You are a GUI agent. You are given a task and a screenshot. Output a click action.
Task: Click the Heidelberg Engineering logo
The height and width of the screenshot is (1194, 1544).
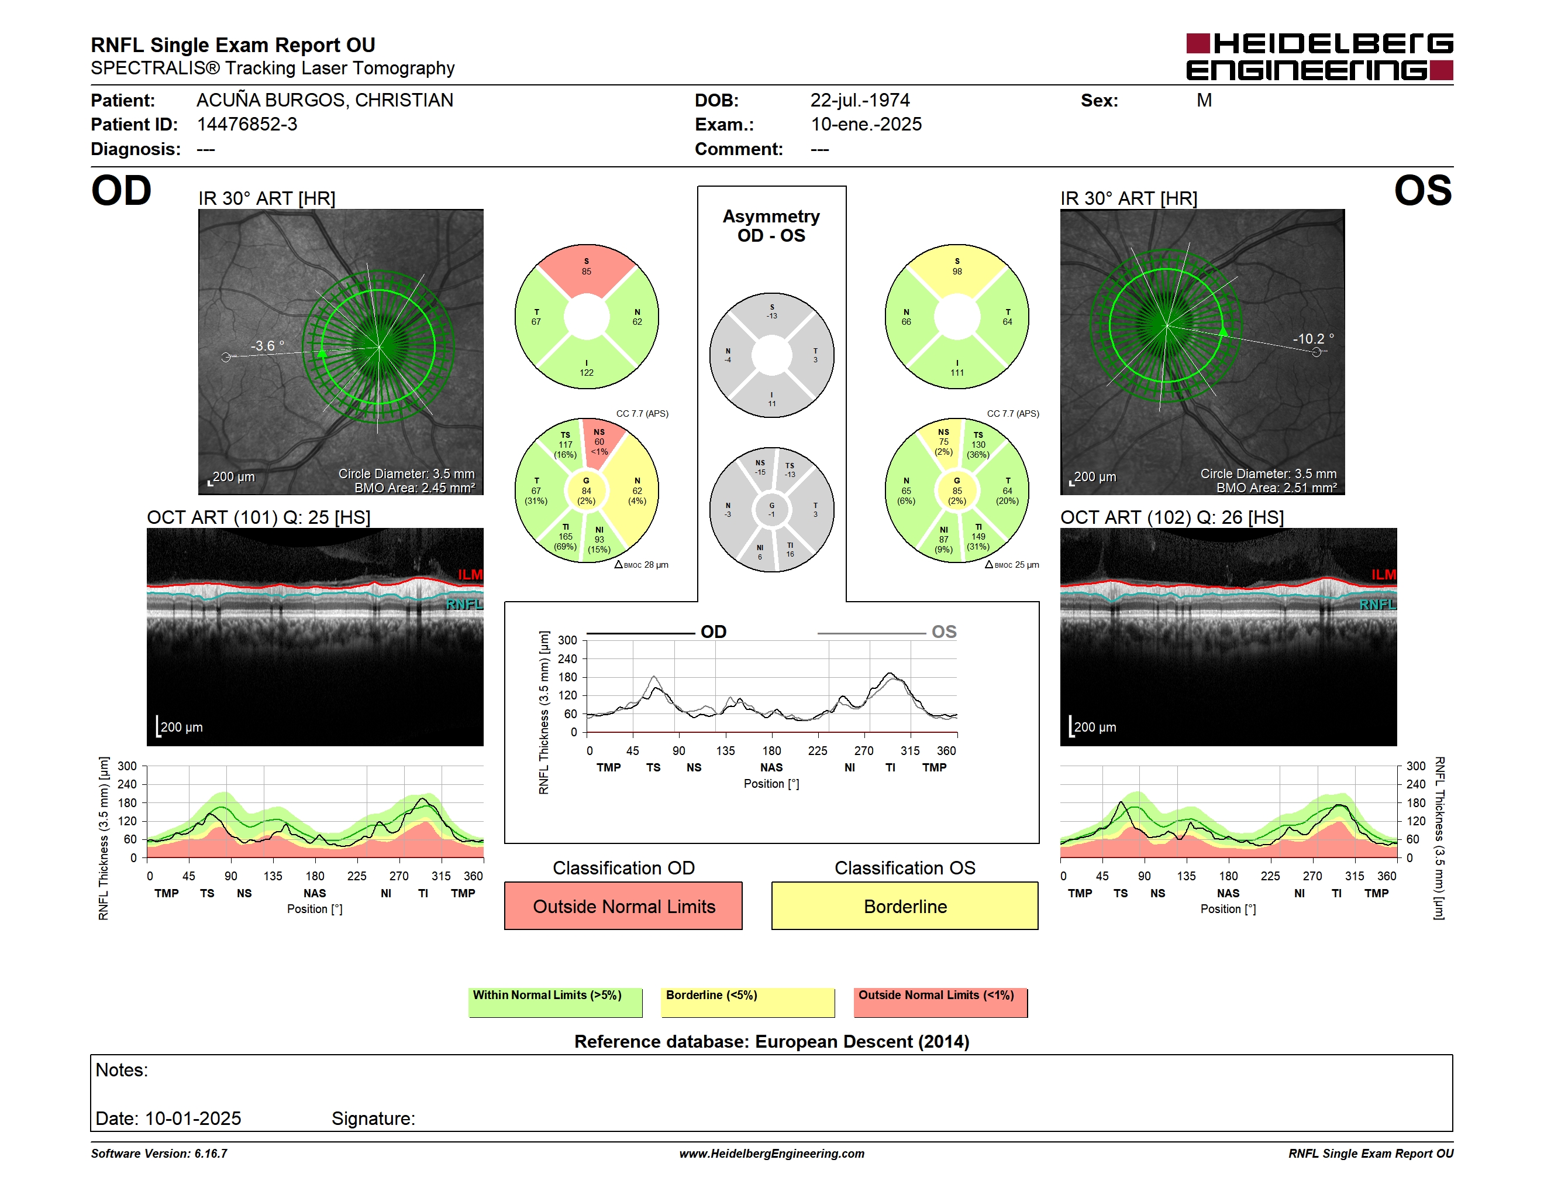click(x=1319, y=57)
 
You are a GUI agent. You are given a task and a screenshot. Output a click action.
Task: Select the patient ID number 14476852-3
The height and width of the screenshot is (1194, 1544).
click(x=247, y=125)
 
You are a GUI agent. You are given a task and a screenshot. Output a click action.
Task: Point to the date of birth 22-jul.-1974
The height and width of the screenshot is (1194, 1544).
click(x=860, y=101)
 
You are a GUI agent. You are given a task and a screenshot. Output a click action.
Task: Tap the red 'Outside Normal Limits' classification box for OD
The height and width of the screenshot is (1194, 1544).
click(x=623, y=905)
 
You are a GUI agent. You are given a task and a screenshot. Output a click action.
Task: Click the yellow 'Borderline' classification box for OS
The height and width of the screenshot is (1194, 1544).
click(x=905, y=905)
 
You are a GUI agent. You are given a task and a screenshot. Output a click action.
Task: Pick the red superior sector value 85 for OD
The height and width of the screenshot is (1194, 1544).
click(x=587, y=272)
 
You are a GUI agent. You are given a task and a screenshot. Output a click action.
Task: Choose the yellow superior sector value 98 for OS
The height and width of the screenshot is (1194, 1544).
click(x=957, y=272)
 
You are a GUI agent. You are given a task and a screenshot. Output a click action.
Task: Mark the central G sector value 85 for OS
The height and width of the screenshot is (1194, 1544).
click(x=957, y=491)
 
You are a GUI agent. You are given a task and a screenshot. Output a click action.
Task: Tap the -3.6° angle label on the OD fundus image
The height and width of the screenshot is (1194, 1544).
click(x=267, y=346)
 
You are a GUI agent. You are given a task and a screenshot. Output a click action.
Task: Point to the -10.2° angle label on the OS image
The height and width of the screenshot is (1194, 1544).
click(x=1314, y=339)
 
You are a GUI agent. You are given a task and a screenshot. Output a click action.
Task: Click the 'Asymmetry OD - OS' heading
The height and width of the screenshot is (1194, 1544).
click(x=771, y=226)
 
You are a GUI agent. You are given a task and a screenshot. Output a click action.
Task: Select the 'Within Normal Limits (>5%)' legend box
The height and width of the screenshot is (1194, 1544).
click(x=555, y=1002)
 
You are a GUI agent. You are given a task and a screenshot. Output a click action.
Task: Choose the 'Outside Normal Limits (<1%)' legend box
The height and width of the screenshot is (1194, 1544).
click(x=940, y=1002)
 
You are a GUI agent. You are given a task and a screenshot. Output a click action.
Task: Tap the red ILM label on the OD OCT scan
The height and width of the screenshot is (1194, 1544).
click(x=470, y=574)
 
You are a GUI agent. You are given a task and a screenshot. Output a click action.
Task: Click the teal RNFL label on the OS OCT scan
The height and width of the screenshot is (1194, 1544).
click(x=1378, y=604)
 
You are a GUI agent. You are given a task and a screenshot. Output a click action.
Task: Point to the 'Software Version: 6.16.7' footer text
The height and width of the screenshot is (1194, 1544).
click(x=159, y=1154)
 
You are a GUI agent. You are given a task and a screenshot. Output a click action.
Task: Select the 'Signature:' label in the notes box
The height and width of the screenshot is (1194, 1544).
click(x=373, y=1118)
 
